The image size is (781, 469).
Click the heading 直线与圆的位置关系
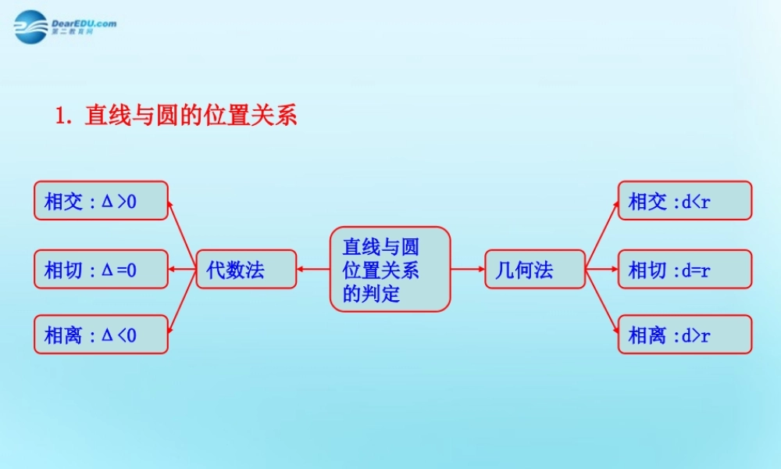click(191, 116)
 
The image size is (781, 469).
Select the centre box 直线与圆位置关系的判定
click(390, 270)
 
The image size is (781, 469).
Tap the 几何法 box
click(534, 270)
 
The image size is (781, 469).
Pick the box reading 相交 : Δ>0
click(101, 201)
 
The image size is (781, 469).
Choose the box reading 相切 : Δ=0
click(101, 270)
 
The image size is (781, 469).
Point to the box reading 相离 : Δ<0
click(101, 335)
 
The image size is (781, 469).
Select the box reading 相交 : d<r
click(684, 201)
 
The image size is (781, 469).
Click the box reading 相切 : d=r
click(684, 270)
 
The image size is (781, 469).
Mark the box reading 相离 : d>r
click(684, 335)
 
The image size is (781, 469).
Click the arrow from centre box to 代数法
click(313, 270)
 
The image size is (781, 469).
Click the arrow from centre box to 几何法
click(468, 270)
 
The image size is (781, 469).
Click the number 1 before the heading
click(60, 116)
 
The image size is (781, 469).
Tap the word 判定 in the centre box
click(380, 294)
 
